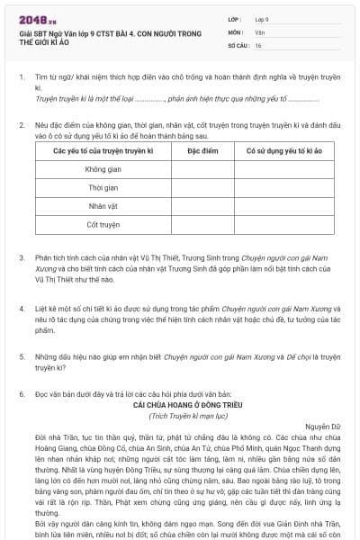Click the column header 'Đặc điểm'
click(191, 151)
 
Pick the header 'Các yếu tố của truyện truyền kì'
click(103, 151)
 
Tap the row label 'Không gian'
click(103, 169)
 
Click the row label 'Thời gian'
click(103, 187)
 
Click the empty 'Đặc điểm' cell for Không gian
click(191, 169)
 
